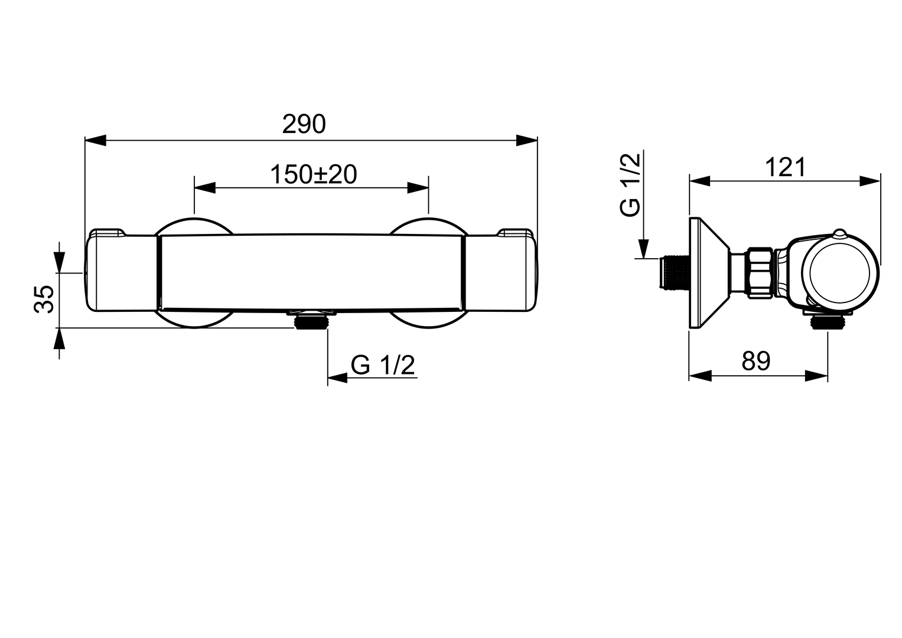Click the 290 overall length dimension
tap(304, 125)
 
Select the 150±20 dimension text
tap(313, 175)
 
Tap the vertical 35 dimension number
tap(44, 299)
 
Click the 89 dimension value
tap(756, 361)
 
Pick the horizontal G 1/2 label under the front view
tap(383, 365)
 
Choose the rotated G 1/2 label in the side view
tap(629, 185)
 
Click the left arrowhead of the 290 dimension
tap(96, 140)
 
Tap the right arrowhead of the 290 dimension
tap(527, 140)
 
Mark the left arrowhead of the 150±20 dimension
tap(204, 188)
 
